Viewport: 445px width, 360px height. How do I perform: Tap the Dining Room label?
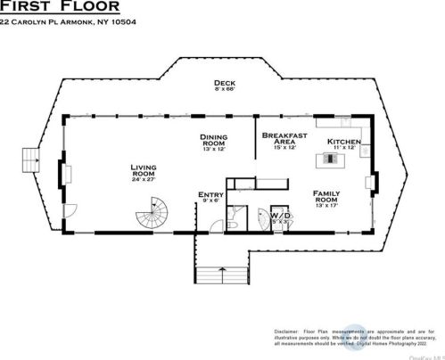click(215, 140)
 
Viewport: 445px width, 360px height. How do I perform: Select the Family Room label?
click(326, 197)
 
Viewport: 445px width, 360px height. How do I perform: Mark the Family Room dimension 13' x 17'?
click(326, 208)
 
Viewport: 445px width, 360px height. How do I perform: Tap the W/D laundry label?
click(281, 215)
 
